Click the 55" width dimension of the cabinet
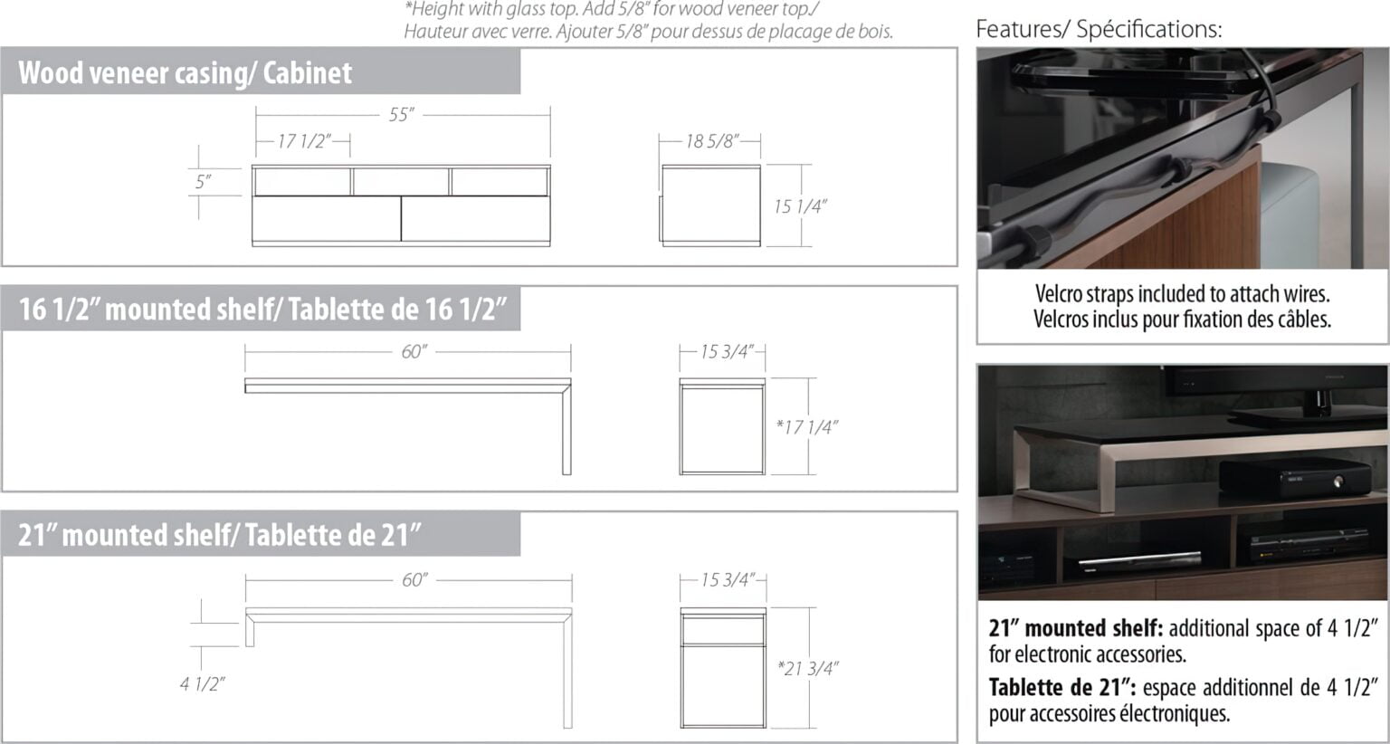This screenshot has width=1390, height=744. coord(402,115)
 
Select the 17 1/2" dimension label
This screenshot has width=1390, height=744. coord(303,141)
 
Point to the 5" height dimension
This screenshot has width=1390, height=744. coord(203,182)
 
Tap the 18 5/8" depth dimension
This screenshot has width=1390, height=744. coord(712,141)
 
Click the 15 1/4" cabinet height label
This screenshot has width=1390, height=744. coord(801,206)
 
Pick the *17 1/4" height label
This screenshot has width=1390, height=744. coord(806,427)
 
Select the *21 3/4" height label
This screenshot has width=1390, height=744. coord(808,668)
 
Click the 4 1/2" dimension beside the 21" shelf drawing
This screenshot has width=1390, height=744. coord(203,684)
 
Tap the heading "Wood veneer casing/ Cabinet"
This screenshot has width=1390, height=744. coord(185,72)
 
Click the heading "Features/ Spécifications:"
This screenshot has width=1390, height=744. coord(1099,29)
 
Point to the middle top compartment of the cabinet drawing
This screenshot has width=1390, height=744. coord(401,182)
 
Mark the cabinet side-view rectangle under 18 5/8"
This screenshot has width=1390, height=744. coord(711,206)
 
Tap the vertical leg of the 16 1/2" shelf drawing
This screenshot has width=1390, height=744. coord(566,429)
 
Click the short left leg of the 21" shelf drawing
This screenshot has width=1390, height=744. coord(250,631)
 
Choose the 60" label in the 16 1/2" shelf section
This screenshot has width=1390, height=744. coord(414,352)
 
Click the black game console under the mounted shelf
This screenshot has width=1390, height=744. coord(1295,478)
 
